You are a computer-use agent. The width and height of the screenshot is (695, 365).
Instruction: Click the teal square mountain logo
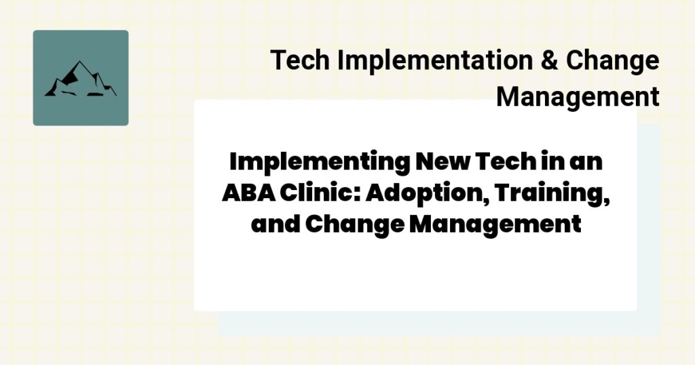pos(81,78)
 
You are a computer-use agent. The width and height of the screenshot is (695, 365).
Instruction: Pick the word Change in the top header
pos(612,61)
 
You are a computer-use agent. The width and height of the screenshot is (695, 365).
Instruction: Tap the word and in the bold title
pos(275,224)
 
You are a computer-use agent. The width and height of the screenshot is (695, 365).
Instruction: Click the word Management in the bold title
pos(495,224)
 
